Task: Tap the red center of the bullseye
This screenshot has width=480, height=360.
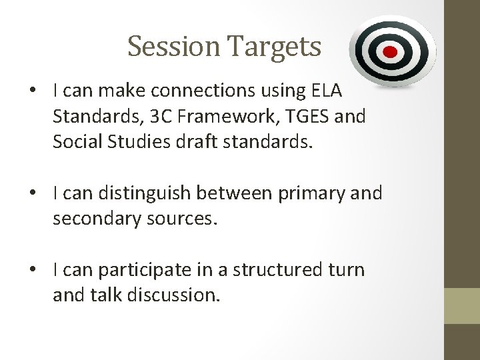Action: [391, 52]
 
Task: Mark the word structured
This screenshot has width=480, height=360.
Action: [281, 270]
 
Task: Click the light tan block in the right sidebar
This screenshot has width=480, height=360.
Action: [462, 305]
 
